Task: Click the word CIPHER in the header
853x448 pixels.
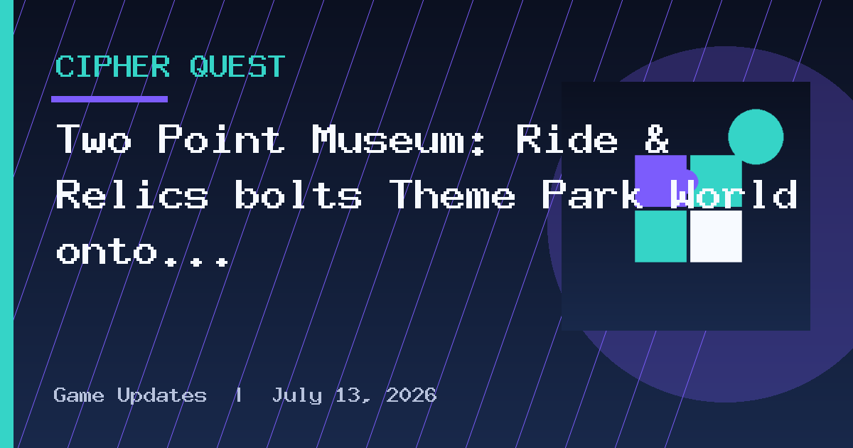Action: pos(113,66)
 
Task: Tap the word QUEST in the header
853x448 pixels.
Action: pos(237,67)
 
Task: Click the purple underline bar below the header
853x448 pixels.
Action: pos(109,99)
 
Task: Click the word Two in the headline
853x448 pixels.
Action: pos(94,139)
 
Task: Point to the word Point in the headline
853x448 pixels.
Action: pos(221,139)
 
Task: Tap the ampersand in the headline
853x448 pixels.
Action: pos(657,139)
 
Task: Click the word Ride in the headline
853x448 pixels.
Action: pos(567,139)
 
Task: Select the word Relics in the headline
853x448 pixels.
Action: pos(132,195)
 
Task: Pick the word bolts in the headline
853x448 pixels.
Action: pos(298,195)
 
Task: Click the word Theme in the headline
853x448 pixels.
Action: pos(452,195)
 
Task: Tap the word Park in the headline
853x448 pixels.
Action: pos(592,195)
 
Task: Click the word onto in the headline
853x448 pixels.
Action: pos(107,252)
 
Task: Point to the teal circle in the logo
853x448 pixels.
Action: pos(756,137)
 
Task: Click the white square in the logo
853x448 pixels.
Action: pos(716,236)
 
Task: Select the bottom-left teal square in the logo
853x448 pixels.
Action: pos(660,236)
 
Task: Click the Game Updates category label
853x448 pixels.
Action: pos(130,395)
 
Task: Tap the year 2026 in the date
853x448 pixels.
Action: pos(412,395)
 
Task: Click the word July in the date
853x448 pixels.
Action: pos(297,396)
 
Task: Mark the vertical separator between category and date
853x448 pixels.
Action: pos(239,395)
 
